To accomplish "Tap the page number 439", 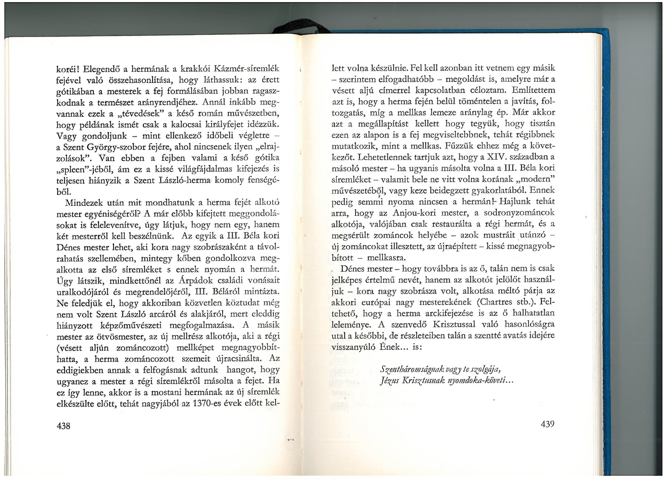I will (547, 424).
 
